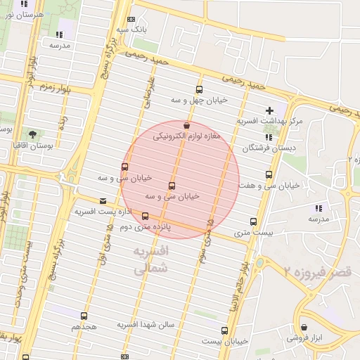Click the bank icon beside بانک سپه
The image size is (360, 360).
coord(130,20)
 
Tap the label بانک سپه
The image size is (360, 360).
coord(131,30)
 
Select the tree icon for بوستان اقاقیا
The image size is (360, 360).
coord(32,133)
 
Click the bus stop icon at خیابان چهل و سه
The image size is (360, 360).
coord(199,89)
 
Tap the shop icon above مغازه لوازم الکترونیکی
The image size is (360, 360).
coord(186,124)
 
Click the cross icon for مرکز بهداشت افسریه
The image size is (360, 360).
coord(270,110)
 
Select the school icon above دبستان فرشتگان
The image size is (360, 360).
coord(269,137)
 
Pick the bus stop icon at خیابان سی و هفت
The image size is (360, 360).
coord(269,174)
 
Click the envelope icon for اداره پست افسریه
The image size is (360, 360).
coord(103,200)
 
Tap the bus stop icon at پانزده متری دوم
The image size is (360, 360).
coord(146,216)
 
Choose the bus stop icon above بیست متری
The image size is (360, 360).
coord(253,221)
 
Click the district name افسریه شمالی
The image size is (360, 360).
coord(150,259)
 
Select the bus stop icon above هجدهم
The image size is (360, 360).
coord(84,316)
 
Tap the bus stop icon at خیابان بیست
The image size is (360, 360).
coord(225,330)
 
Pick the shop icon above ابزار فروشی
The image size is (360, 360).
coord(304,327)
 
